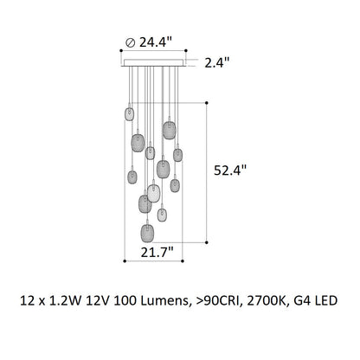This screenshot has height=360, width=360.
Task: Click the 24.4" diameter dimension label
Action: (x=156, y=42)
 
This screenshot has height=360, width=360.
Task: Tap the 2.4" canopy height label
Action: (x=217, y=62)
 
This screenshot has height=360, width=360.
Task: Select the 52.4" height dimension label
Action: (x=230, y=170)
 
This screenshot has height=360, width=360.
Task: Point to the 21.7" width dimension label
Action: (x=157, y=253)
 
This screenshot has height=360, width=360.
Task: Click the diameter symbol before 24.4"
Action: (x=131, y=43)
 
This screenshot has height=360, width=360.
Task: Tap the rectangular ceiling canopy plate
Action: (x=153, y=63)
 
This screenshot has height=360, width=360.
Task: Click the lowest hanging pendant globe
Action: (x=147, y=233)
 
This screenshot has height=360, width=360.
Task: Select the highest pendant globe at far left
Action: (x=129, y=114)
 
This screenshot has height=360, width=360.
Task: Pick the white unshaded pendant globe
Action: (x=154, y=193)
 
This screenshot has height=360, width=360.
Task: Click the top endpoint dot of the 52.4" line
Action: (x=207, y=103)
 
